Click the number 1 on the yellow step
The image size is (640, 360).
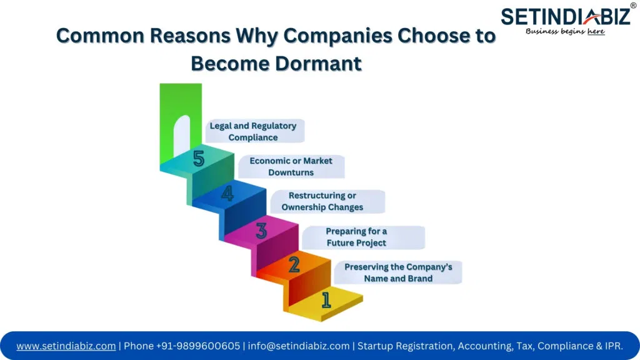tap(326, 300)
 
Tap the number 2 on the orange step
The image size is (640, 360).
tap(294, 266)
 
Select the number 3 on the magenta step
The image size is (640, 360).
tap(261, 231)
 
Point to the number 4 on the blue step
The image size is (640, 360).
tap(227, 194)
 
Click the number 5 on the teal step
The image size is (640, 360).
tap(199, 159)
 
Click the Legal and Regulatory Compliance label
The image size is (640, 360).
tap(253, 131)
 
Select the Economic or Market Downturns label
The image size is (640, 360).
tap(291, 166)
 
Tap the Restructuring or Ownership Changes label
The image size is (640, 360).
tap(322, 201)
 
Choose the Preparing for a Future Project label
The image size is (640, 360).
tap(356, 237)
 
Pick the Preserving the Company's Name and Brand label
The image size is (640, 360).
tap(399, 272)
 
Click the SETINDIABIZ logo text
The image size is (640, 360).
tap(566, 16)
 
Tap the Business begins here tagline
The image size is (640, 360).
tap(565, 31)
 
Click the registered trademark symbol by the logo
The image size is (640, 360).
tap(633, 6)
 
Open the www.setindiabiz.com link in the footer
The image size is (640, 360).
tap(66, 346)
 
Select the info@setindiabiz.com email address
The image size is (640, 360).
tap(299, 346)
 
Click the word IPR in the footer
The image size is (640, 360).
tap(612, 346)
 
